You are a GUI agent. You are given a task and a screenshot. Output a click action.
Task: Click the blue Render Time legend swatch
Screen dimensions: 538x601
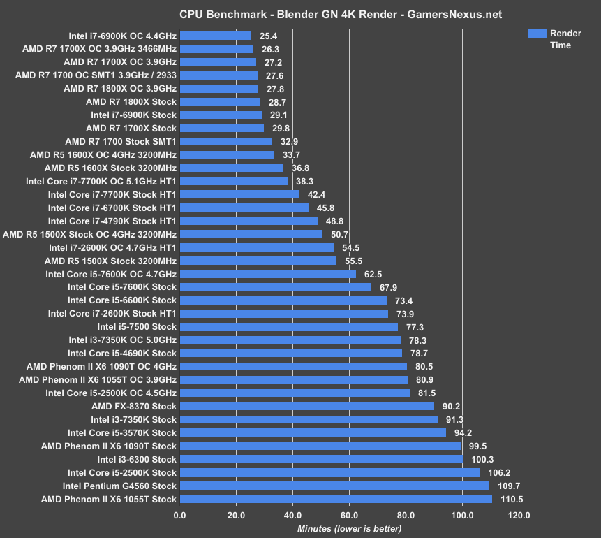(537, 34)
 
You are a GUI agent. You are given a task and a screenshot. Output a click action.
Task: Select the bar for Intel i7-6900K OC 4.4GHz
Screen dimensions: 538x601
(215, 36)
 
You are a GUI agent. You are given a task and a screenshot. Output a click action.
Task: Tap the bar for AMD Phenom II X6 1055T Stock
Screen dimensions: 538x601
(336, 499)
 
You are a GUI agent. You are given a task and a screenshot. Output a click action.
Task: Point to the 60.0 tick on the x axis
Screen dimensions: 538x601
(349, 516)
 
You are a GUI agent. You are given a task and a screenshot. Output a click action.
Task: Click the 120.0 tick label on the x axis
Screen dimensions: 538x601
(519, 516)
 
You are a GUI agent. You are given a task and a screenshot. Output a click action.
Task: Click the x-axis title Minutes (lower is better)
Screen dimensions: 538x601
(348, 529)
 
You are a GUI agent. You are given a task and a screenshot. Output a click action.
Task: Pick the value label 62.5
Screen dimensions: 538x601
(373, 274)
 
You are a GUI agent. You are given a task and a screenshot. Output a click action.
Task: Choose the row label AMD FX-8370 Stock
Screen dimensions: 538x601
(134, 406)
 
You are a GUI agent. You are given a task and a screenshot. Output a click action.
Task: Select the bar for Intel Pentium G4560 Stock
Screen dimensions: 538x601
(334, 486)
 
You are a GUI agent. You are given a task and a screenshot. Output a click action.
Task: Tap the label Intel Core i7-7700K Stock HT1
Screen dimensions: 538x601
(112, 194)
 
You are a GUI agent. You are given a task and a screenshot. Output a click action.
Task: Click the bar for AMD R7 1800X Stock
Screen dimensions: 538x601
(220, 102)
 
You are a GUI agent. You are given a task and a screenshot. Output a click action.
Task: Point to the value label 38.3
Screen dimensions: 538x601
(305, 181)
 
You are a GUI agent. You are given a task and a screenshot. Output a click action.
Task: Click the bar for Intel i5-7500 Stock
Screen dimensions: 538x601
(288, 327)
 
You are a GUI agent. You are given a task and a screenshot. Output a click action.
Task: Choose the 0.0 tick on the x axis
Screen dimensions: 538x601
(179, 516)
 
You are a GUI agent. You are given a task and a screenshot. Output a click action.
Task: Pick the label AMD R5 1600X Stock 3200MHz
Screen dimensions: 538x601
(110, 168)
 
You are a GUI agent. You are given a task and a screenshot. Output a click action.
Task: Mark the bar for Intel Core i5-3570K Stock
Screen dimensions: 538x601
(313, 432)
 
